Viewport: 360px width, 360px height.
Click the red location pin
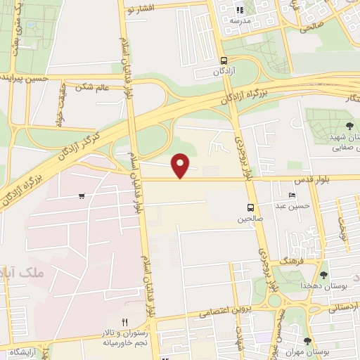[181, 165]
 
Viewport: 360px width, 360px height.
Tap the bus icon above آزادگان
[224, 60]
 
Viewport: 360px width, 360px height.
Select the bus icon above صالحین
[250, 207]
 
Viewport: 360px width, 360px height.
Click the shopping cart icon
[83, 196]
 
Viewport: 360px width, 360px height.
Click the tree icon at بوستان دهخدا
[323, 275]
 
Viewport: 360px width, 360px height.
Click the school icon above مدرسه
[240, 10]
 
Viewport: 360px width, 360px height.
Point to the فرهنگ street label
[290, 260]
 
